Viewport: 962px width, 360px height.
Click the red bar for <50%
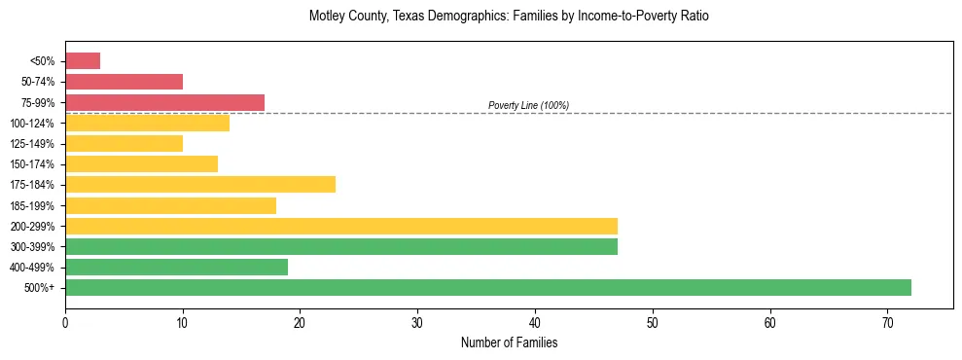click(x=83, y=61)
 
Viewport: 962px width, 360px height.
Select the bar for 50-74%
click(x=124, y=82)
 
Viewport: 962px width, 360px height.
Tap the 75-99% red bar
click(x=164, y=102)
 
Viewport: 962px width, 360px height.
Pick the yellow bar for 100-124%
click(x=147, y=123)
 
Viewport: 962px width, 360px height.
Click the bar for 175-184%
click(x=200, y=184)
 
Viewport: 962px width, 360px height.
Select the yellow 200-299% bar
click(x=341, y=226)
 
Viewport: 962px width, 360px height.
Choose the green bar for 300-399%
click(x=341, y=246)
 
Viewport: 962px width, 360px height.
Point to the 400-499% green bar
click(x=176, y=267)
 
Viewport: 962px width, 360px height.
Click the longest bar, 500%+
click(x=488, y=287)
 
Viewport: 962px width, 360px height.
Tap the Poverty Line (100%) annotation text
click(x=528, y=105)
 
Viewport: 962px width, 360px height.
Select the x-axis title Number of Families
click(x=509, y=342)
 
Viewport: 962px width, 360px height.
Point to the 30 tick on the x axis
click(x=417, y=321)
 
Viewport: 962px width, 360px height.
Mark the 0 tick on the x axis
click(x=65, y=321)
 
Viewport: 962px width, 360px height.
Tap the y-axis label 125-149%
click(x=33, y=144)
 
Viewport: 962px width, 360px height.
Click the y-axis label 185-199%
click(x=33, y=205)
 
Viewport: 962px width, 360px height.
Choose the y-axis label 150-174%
click(x=33, y=164)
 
